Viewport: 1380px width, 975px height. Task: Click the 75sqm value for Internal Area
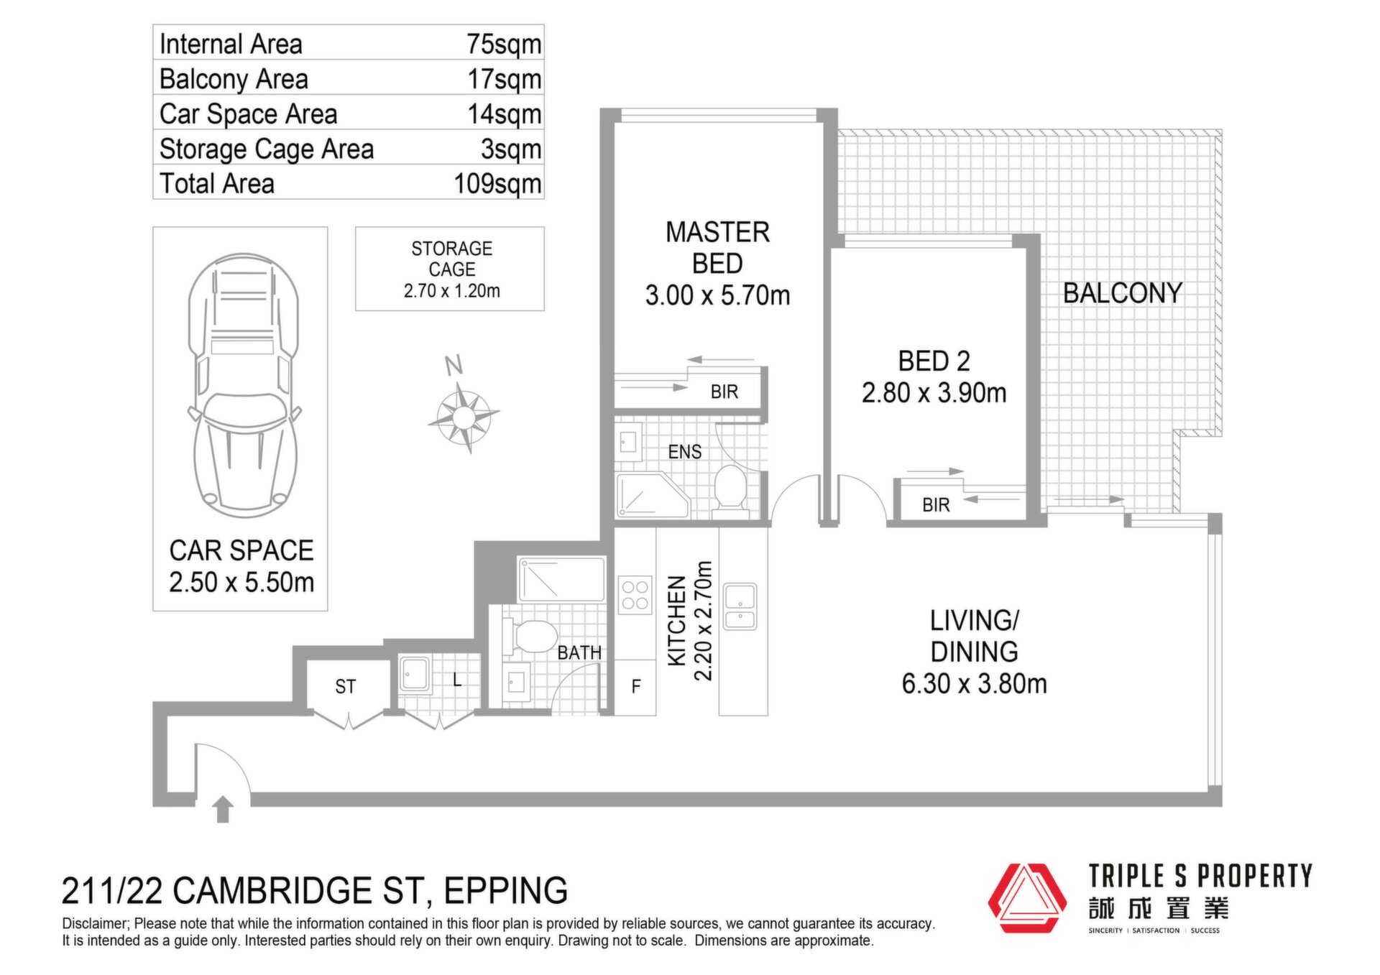coord(504,44)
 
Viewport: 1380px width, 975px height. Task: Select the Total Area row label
coord(216,183)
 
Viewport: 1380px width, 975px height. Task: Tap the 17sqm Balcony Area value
coord(505,79)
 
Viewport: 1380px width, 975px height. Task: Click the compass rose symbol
coord(464,416)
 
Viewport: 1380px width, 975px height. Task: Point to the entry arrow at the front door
coord(223,809)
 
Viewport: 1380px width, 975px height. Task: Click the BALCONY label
coord(1123,293)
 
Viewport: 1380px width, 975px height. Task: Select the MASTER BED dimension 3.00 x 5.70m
coord(717,295)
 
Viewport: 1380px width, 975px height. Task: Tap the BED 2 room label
coord(934,361)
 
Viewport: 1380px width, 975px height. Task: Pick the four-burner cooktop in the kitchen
coord(635,596)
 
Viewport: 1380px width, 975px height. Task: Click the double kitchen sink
coord(740,606)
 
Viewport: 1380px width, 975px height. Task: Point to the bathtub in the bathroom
coord(561,579)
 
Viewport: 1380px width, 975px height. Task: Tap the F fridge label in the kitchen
coord(636,687)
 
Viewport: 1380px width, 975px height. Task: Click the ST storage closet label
coord(345,687)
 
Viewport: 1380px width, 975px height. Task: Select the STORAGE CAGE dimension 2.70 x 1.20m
coord(451,291)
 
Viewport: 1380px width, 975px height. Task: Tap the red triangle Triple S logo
coord(1028,898)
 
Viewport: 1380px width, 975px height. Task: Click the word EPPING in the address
coord(506,891)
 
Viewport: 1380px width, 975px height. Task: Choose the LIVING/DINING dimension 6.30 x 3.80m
coord(974,684)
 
